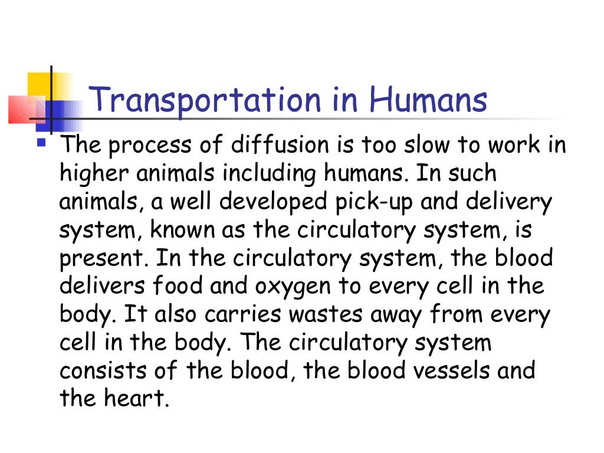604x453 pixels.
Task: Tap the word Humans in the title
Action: (428, 100)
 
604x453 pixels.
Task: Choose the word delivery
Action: (509, 202)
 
